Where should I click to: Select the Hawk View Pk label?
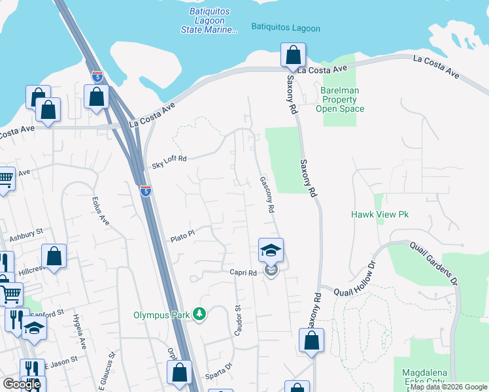tap(379, 214)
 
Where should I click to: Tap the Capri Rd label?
tap(242, 272)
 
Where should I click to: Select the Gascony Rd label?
tap(265, 195)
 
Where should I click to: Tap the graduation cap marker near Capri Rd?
tap(271, 250)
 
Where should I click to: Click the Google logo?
tap(21, 384)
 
